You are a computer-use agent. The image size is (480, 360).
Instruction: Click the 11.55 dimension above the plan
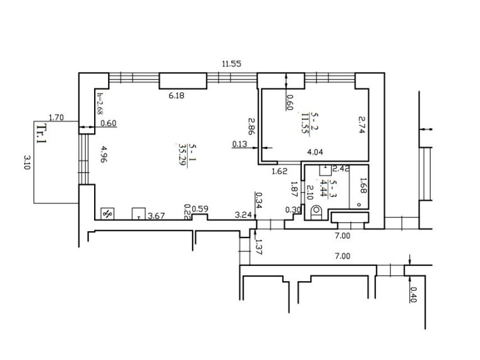231,64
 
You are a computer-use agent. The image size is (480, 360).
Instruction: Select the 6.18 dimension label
177,95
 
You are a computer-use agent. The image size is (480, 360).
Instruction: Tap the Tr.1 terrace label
41,133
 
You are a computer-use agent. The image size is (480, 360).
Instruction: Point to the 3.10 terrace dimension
27,162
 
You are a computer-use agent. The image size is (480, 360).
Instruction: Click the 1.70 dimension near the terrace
56,117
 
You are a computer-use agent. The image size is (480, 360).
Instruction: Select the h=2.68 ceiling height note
100,104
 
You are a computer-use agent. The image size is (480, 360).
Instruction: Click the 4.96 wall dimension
104,154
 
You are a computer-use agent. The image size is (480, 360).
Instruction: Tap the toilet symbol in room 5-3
316,212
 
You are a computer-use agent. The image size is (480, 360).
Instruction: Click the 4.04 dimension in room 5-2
315,152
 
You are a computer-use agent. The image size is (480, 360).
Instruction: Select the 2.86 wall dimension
251,126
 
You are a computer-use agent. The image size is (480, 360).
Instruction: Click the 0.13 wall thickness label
239,143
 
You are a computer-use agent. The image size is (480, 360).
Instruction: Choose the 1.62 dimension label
280,171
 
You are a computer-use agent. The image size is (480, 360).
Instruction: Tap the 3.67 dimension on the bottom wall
156,216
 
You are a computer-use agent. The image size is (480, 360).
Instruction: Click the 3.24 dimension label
243,215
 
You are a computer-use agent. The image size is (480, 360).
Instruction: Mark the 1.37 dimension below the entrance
258,247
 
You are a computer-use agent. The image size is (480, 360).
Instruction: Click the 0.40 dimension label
413,294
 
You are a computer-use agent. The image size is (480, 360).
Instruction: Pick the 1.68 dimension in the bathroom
363,186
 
